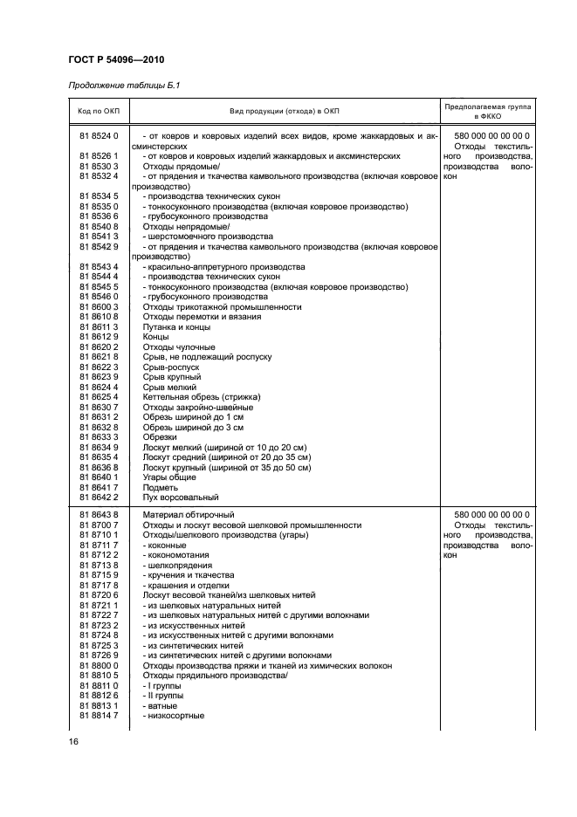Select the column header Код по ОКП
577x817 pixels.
(98, 111)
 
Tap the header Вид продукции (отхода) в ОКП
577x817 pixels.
(284, 111)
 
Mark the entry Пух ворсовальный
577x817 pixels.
(180, 497)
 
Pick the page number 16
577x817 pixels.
(73, 741)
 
